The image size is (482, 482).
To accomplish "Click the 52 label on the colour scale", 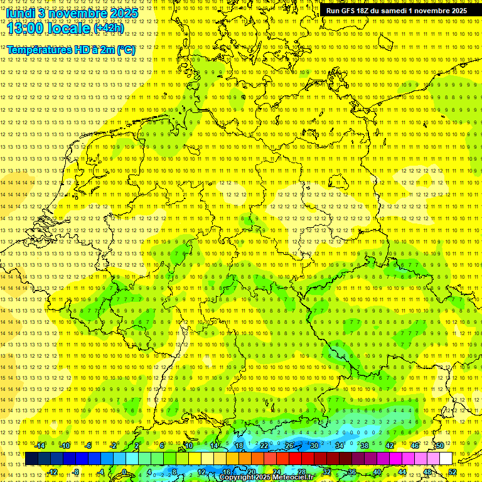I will [453, 472].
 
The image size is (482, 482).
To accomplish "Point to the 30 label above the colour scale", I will [314, 446].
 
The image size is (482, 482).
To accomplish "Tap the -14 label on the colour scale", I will [40, 446].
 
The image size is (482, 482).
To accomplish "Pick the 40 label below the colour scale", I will [377, 472].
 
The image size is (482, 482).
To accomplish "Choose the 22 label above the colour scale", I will [264, 446].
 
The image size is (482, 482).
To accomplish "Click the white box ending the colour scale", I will [446, 459].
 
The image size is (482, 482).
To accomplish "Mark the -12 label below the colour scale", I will [52, 472].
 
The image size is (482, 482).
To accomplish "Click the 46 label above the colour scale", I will [415, 446].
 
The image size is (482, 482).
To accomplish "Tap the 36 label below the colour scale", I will [352, 472].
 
